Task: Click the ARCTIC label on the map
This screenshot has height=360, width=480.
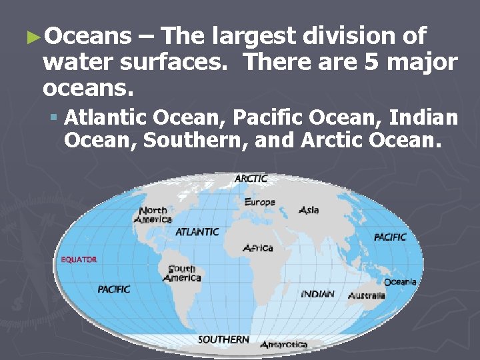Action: pos(251,179)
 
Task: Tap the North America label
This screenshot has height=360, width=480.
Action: pos(153,215)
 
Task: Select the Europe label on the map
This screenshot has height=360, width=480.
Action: pos(259,202)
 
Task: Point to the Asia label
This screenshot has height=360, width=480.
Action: pos(309,210)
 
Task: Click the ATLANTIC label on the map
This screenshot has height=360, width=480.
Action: pos(197,232)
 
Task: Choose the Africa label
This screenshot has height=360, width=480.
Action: pos(258,248)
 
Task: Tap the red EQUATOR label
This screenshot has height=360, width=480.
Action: pos(79,259)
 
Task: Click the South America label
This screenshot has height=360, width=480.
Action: pos(181,273)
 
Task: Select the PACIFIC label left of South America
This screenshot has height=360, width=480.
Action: pos(114,289)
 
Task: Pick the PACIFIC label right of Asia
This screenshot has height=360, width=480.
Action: pos(390,237)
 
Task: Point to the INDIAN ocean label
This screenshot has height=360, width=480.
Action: pos(318,294)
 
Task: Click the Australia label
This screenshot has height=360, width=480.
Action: pos(367,295)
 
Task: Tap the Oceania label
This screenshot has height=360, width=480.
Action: pos(400,282)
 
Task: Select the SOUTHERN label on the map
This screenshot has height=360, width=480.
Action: pos(223,339)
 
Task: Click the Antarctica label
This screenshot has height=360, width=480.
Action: pos(283,345)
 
